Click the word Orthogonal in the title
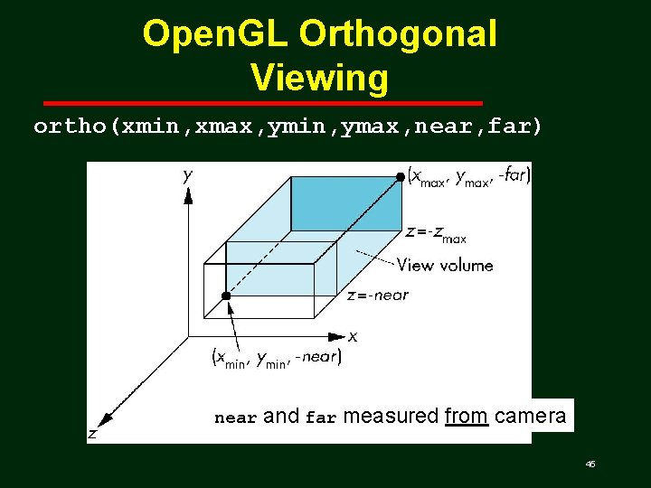[x=398, y=34]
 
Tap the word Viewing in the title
[x=320, y=77]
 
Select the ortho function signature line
[x=288, y=127]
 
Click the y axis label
[x=188, y=175]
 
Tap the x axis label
[x=353, y=336]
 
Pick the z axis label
[x=92, y=434]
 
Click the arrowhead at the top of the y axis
[x=188, y=195]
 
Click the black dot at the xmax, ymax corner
[x=401, y=178]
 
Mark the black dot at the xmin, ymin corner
[x=226, y=296]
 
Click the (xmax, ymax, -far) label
[x=469, y=176]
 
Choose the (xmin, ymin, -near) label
[x=276, y=358]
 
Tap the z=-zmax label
[x=437, y=233]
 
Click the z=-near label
[x=378, y=295]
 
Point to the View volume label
[x=445, y=265]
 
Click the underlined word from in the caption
[x=467, y=417]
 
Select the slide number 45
[x=590, y=464]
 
